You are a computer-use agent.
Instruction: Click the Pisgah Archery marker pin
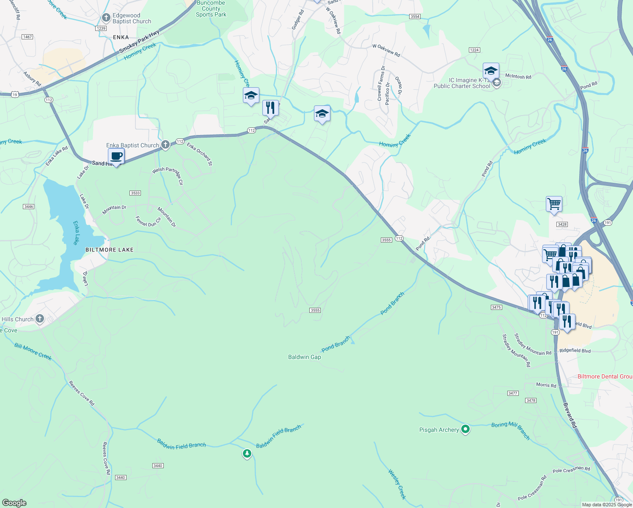[465, 430]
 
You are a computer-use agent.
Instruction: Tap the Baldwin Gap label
[304, 357]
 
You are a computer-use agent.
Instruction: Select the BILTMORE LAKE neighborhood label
[109, 250]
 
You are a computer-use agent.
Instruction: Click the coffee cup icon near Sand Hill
[116, 156]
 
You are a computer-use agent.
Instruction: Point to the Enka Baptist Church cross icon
[165, 145]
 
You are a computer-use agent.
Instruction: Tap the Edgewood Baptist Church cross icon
[106, 18]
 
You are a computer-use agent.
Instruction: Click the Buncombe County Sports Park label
[211, 9]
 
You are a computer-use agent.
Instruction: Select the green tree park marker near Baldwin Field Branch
[247, 454]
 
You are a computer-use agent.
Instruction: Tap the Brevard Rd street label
[570, 415]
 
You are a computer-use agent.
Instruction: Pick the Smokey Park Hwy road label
[139, 42]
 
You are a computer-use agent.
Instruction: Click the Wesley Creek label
[397, 484]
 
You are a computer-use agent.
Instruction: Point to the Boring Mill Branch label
[511, 430]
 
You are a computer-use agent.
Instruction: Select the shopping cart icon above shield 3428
[554, 204]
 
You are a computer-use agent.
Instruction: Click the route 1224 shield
[474, 50]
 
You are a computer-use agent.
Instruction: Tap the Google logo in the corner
[14, 503]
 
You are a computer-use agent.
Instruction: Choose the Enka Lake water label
[76, 232]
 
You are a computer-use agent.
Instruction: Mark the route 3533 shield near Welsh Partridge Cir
[135, 193]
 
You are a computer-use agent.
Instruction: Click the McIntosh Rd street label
[518, 77]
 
